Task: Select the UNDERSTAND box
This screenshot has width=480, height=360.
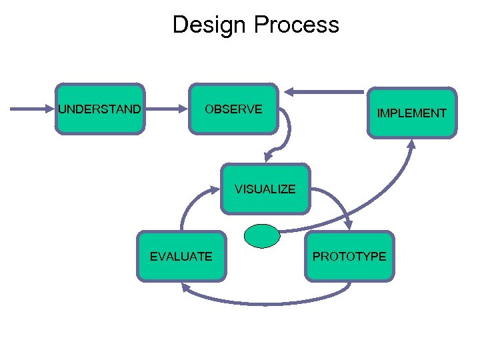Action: coord(100,109)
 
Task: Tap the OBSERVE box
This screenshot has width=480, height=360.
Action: coord(233,109)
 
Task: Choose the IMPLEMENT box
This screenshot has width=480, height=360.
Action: coord(411,113)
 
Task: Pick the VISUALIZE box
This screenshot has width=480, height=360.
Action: coord(265,189)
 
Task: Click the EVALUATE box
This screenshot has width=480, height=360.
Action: coord(181,256)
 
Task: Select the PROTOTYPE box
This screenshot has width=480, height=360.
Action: coord(349,256)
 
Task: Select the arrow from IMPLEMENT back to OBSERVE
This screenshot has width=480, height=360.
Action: coord(327,91)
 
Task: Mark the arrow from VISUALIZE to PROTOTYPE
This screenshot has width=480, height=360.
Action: coord(333,200)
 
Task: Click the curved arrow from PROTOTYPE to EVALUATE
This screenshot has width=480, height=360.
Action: coord(267,303)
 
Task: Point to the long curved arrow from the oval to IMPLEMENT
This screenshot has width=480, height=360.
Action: coord(373,207)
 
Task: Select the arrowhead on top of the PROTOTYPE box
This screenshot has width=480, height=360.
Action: coord(349,226)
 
